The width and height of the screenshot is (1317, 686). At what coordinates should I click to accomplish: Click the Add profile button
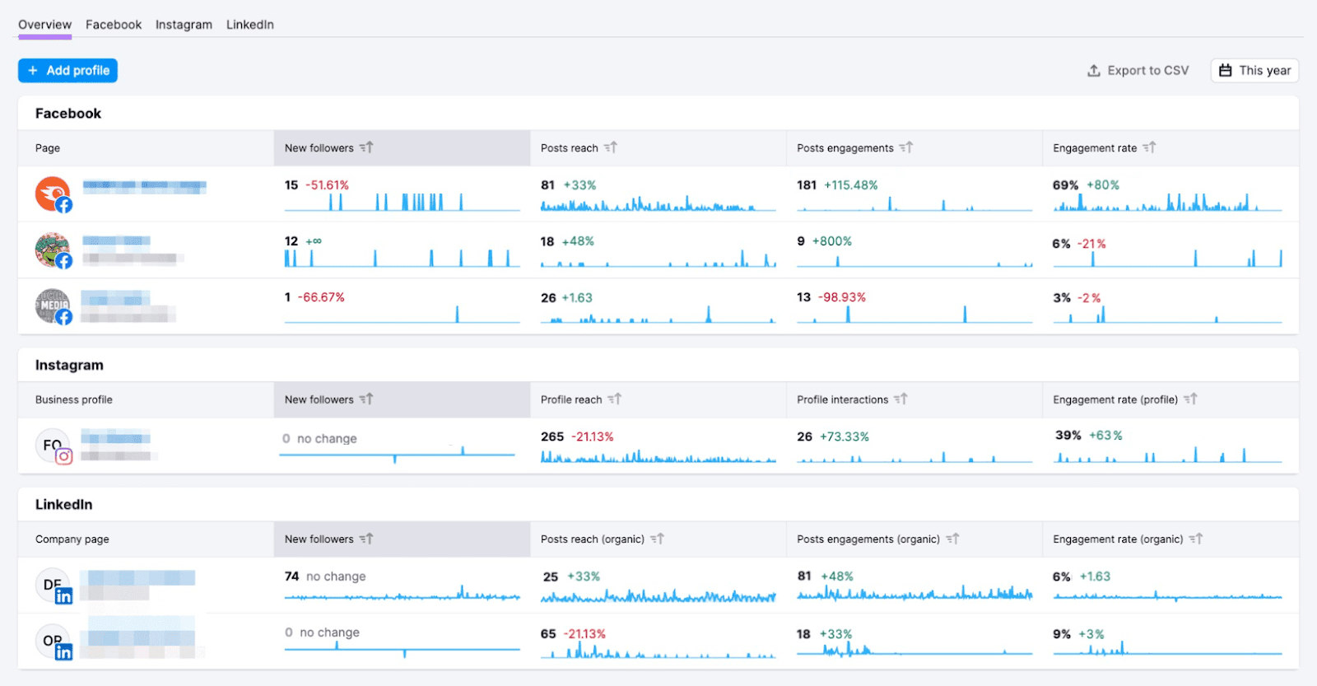coord(68,71)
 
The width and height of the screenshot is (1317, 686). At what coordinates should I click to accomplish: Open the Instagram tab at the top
coord(184,25)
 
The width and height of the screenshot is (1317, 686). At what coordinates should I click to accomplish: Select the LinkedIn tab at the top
coord(249,25)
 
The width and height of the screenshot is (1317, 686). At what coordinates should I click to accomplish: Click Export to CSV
coord(1138,71)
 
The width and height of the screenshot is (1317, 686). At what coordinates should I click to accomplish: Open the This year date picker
coord(1254,71)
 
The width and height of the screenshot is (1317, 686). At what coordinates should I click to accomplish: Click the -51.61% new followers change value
coord(327,185)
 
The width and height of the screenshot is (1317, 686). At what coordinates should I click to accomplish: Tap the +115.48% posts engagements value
coord(850,185)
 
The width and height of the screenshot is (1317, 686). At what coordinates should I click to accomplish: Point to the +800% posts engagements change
coord(831,241)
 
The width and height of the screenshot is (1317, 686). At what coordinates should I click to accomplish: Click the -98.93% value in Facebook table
coord(841,297)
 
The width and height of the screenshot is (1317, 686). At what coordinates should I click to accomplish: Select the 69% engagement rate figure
coord(1065,185)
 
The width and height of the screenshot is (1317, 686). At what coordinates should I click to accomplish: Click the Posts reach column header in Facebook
coord(570,148)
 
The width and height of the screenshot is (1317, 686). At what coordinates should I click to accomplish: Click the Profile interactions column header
coord(842,399)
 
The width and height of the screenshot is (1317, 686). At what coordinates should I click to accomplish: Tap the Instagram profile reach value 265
coord(552,436)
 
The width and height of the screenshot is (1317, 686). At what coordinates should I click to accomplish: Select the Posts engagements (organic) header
coord(868,539)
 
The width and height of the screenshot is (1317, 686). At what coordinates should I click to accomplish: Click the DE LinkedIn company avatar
coord(53,586)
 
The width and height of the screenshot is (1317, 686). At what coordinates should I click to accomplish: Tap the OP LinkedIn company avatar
coord(53,641)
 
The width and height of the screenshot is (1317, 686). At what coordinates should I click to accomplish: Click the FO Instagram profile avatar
coord(53,446)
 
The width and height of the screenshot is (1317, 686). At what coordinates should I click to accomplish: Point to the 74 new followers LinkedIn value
coord(291,576)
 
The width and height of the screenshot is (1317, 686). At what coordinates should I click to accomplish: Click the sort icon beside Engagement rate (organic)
coord(1196,539)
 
